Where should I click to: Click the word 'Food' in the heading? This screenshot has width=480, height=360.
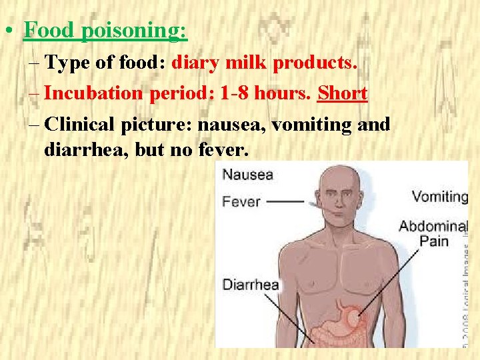47,31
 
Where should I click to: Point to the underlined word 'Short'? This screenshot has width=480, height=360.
343,93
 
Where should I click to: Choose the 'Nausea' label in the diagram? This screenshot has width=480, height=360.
247,175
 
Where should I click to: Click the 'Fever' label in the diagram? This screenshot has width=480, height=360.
241,200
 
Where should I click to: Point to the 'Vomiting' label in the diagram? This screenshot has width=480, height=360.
440,197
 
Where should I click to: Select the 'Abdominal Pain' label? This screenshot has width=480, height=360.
433,233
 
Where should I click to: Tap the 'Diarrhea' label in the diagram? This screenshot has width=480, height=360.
250,285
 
